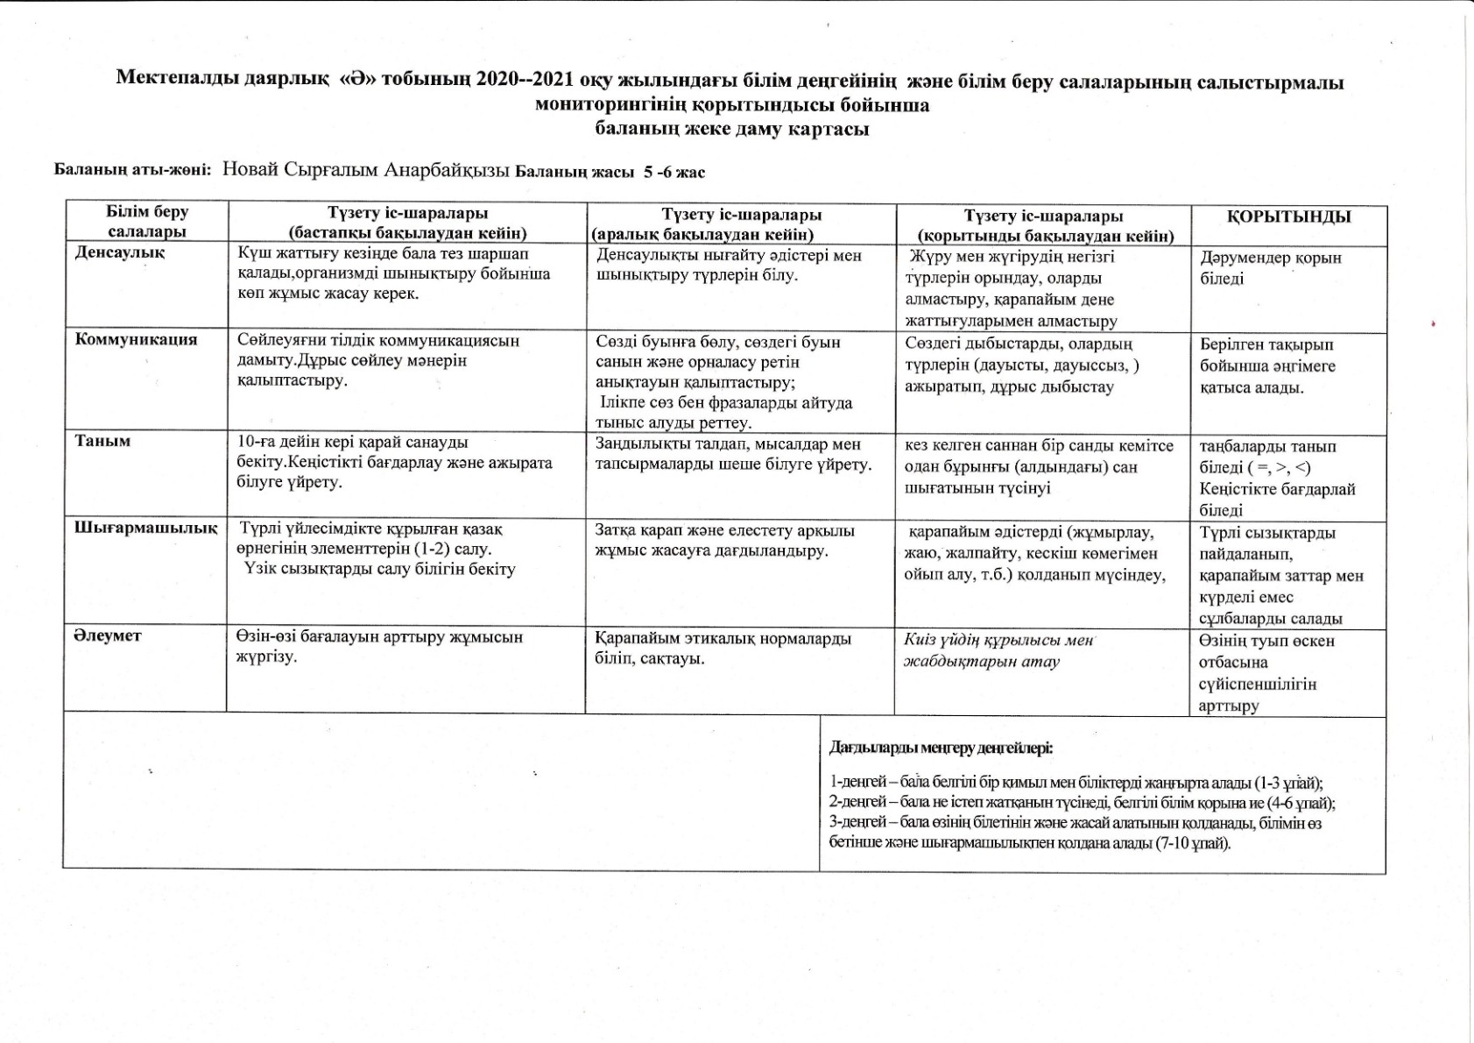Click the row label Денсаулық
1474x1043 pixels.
click(x=120, y=252)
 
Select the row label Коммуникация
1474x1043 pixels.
click(x=137, y=339)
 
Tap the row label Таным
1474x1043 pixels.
click(x=102, y=441)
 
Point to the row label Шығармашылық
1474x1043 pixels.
click(x=145, y=528)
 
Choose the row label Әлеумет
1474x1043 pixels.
click(x=107, y=635)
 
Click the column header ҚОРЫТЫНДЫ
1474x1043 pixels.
click(x=1288, y=216)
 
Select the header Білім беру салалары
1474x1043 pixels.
click(x=147, y=222)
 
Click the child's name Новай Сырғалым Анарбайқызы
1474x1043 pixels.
click(x=365, y=170)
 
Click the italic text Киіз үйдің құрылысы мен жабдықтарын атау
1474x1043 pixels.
click(x=998, y=650)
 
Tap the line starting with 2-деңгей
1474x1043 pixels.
click(x=1082, y=803)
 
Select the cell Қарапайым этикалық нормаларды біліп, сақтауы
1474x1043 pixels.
click(x=723, y=648)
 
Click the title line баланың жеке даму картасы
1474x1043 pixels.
click(x=731, y=129)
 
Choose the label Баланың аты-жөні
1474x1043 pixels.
click(x=132, y=171)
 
